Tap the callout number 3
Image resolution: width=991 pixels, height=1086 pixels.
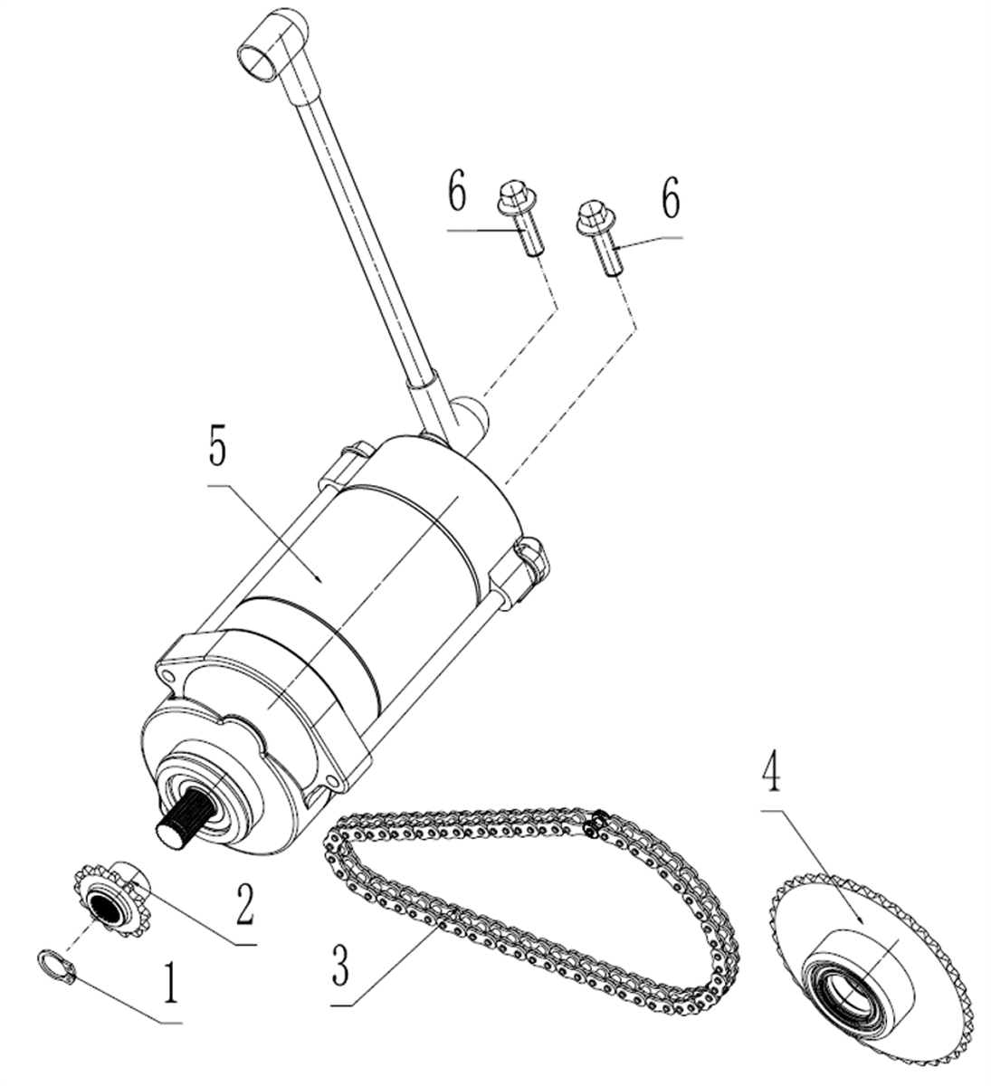click(x=340, y=965)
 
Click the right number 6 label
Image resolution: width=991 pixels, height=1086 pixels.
click(x=671, y=199)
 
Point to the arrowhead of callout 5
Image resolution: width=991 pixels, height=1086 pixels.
click(x=320, y=581)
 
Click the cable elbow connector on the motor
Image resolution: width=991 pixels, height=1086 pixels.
click(x=467, y=417)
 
